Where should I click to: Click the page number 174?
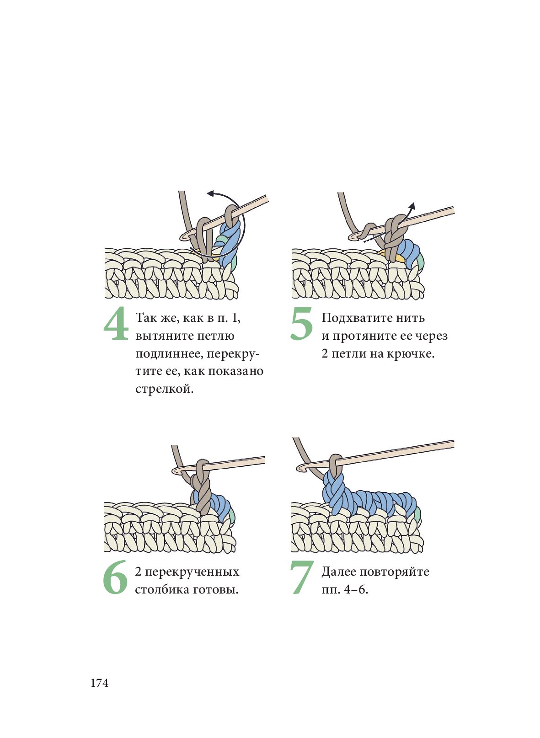(99, 683)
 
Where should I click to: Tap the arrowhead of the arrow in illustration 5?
(412, 205)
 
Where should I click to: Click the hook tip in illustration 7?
(300, 469)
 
